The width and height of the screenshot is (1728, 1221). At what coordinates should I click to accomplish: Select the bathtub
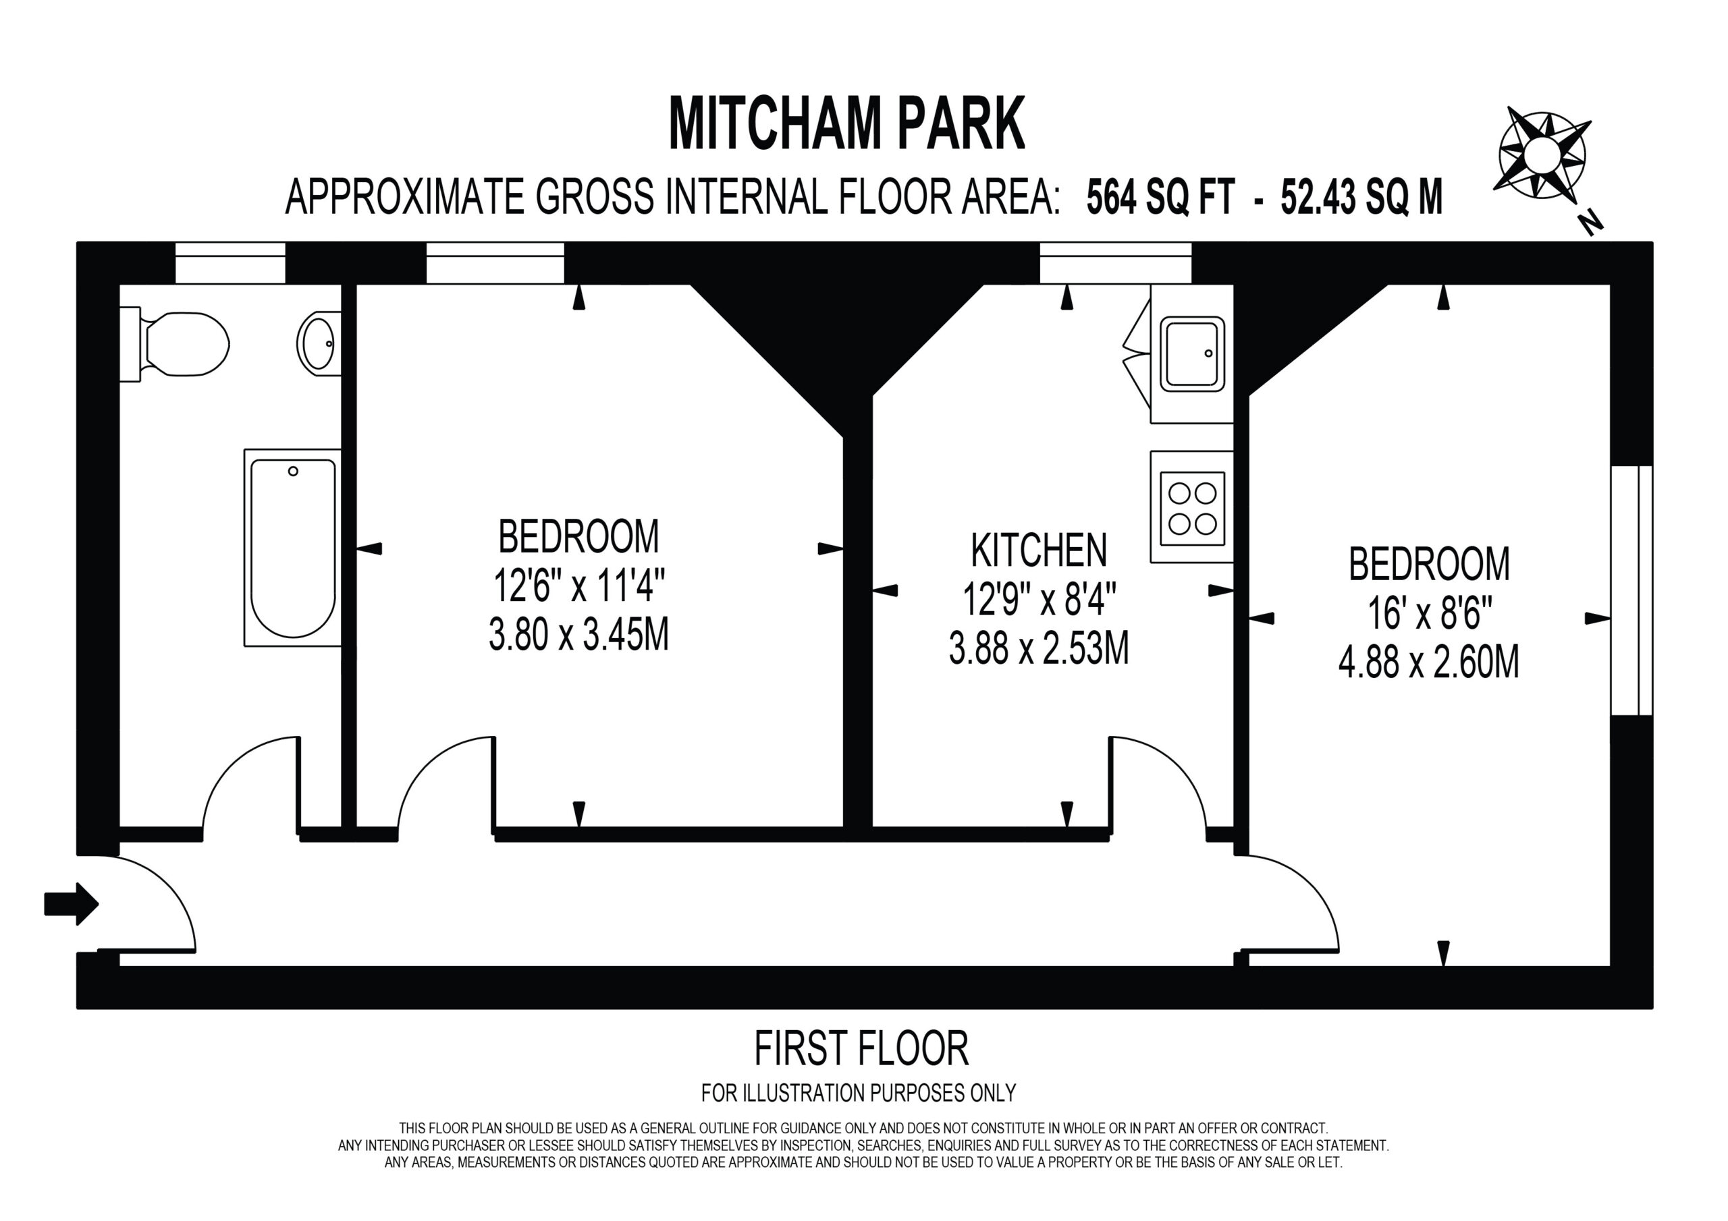coord(293,548)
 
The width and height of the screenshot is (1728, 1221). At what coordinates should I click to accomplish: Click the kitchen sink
coord(1192,353)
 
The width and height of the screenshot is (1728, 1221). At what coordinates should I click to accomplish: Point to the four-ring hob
coord(1192,508)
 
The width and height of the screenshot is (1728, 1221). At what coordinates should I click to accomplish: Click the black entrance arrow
coord(72,903)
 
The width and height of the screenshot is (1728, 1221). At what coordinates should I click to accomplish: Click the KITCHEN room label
coord(1039,550)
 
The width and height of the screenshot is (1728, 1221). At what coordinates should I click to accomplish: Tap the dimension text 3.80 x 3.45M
coord(578,635)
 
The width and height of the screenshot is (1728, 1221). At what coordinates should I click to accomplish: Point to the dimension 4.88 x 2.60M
coord(1428,663)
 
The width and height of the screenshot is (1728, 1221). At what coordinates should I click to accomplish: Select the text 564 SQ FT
coord(1160,198)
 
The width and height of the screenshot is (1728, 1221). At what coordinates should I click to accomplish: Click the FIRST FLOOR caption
coord(862,1050)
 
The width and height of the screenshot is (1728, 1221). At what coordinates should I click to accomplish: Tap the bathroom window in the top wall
coord(230,262)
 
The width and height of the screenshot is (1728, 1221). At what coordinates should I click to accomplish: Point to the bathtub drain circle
coord(293,471)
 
